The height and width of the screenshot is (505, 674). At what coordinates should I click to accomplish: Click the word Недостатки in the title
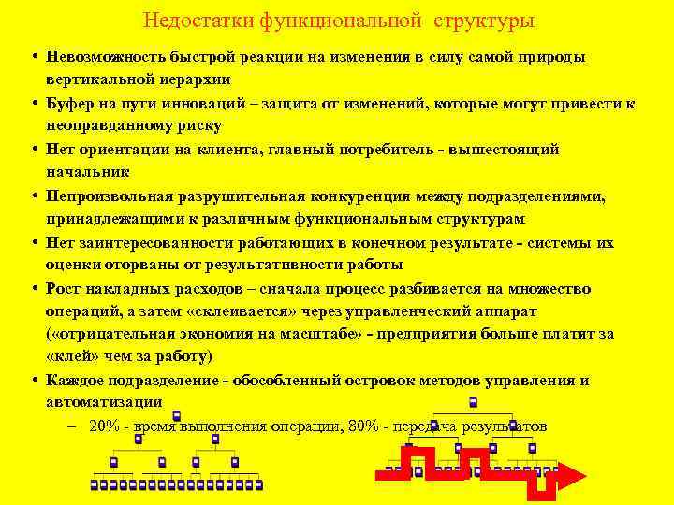coord(189,20)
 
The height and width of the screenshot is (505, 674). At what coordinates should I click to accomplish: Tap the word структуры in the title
coord(486,20)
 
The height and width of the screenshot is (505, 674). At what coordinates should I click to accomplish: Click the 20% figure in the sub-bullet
coord(104,426)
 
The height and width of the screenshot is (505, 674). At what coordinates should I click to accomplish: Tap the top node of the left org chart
coord(177,416)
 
